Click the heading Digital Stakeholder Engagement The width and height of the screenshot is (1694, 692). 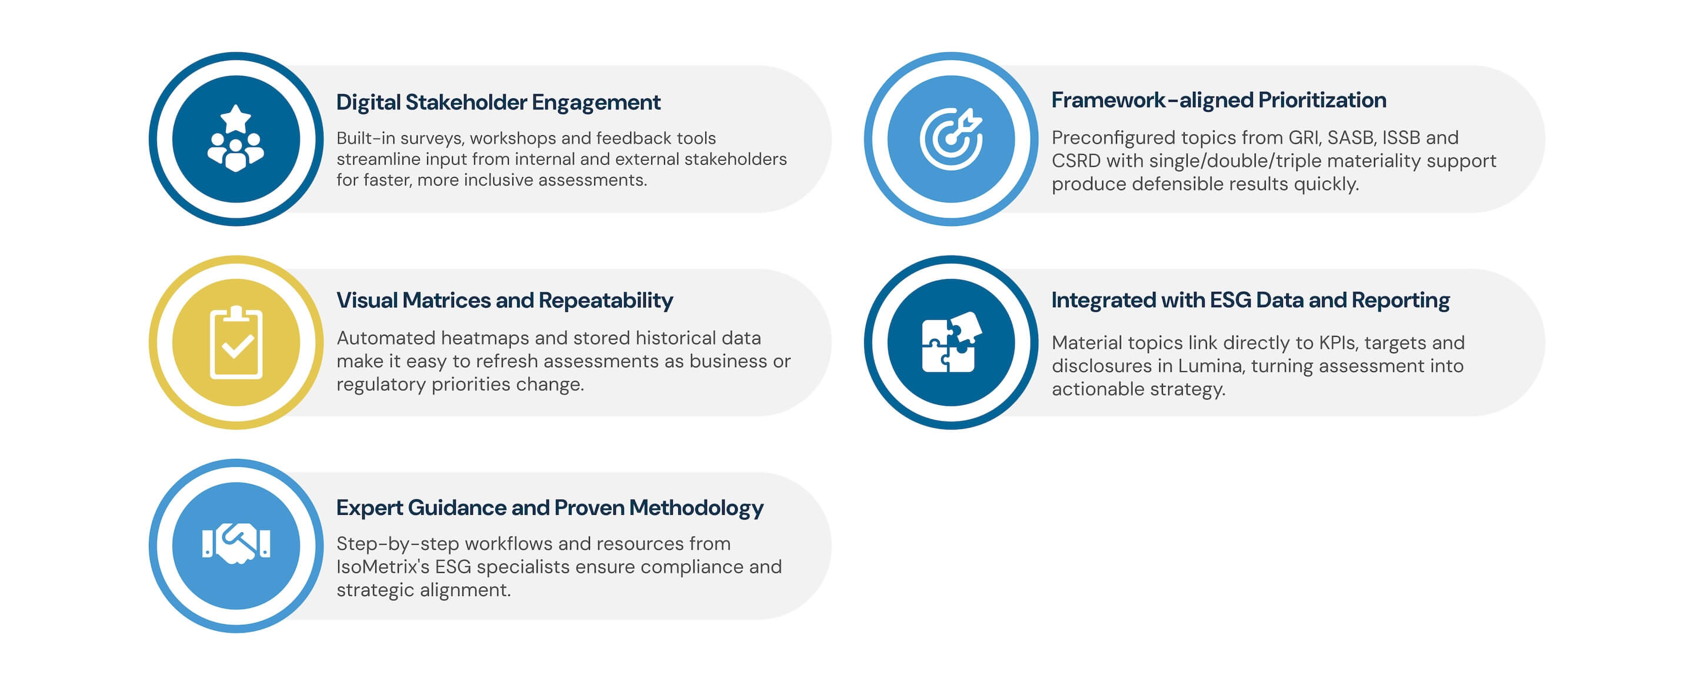tap(498, 102)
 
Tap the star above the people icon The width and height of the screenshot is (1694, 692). tap(235, 118)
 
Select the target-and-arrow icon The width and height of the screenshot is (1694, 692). tap(951, 139)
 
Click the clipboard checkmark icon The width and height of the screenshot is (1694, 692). tap(236, 342)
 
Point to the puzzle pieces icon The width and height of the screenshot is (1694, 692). tap(952, 342)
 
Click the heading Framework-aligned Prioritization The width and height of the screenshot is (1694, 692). tap(1219, 100)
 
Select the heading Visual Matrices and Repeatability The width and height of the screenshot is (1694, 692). tap(505, 301)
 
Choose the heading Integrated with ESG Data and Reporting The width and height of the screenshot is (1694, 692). tap(1250, 301)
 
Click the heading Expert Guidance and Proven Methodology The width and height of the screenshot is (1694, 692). tap(550, 508)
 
